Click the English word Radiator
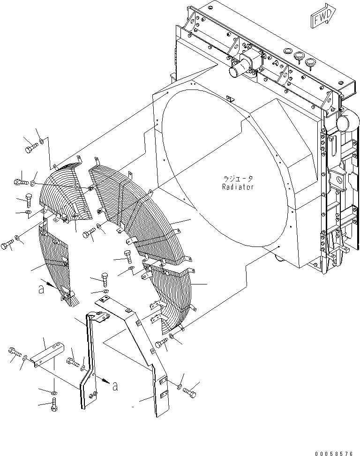click(238, 187)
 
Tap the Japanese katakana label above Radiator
click(238, 179)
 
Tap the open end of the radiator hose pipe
click(234, 71)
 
